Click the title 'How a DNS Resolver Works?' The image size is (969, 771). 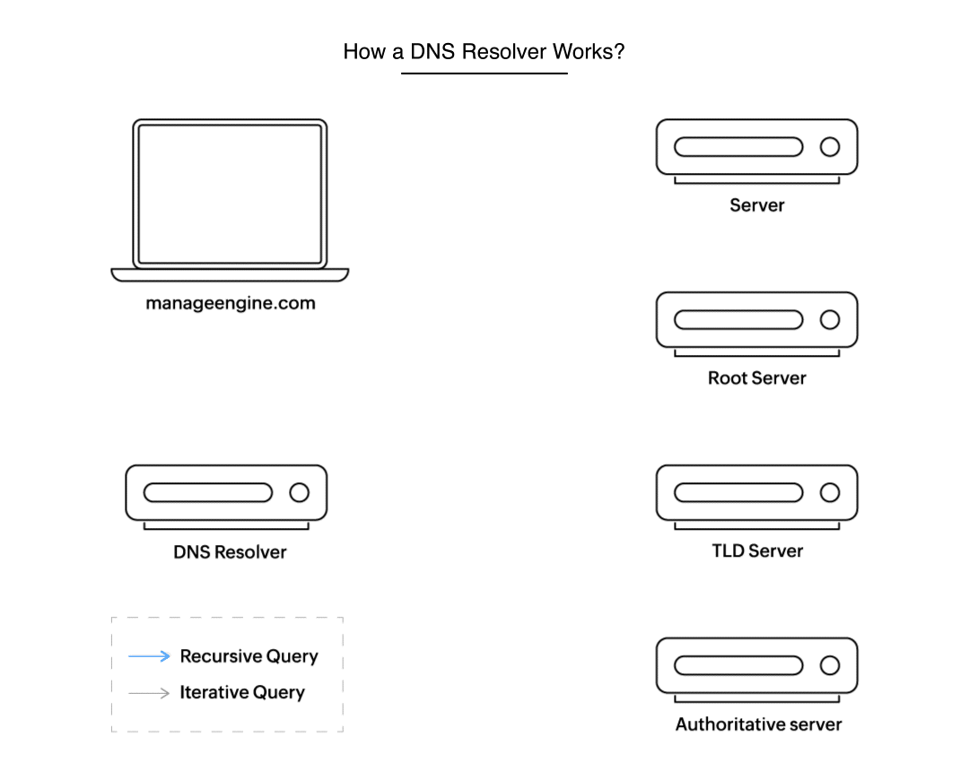point(484,51)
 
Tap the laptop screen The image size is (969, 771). point(230,194)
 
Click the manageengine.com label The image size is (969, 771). point(231,303)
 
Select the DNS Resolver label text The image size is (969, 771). point(230,551)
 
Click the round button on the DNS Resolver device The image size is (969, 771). point(299,492)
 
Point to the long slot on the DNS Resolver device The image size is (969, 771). point(207,492)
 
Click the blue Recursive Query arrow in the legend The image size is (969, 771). point(149,656)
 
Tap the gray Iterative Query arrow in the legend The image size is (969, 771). point(149,693)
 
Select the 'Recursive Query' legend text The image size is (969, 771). point(249,656)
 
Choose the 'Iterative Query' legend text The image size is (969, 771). point(242,693)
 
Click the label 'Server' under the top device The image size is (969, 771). point(756,205)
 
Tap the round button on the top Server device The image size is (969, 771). point(830,147)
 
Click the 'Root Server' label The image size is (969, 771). point(756,377)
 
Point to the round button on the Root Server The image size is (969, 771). point(830,319)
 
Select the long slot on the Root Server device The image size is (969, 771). point(738,319)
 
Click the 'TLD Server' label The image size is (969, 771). point(756,550)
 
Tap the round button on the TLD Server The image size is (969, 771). point(830,492)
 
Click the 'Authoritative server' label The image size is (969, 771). point(758,723)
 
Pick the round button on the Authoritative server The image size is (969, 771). point(830,665)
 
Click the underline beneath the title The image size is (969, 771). point(484,74)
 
